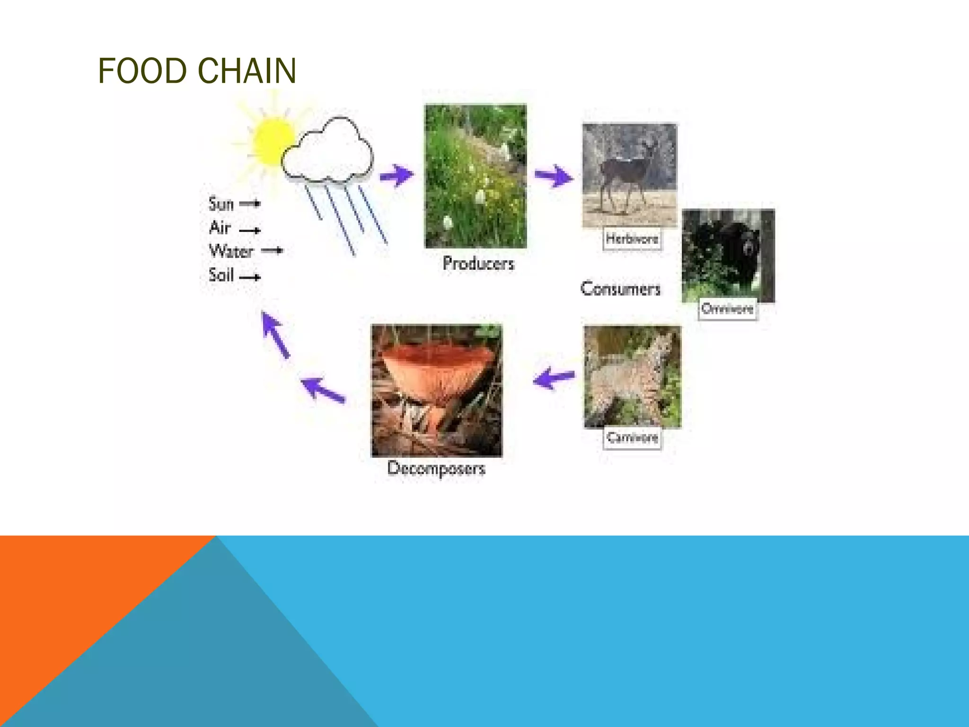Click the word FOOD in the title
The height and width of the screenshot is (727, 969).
[x=142, y=71]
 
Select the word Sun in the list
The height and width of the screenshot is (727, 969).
[x=221, y=204]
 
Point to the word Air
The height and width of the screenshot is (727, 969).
[x=220, y=228]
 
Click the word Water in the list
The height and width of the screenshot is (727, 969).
[x=231, y=251]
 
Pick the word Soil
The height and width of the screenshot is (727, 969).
[x=221, y=275]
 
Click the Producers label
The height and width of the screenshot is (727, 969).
[x=478, y=264]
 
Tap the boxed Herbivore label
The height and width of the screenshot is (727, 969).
[x=632, y=239]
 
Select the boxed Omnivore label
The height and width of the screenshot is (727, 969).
[x=727, y=309]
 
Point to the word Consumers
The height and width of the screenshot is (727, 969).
[x=620, y=289]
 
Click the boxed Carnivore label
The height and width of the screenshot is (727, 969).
[x=632, y=437]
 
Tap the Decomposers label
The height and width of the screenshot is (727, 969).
[x=436, y=469]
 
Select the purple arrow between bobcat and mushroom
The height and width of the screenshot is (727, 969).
[x=554, y=378]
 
